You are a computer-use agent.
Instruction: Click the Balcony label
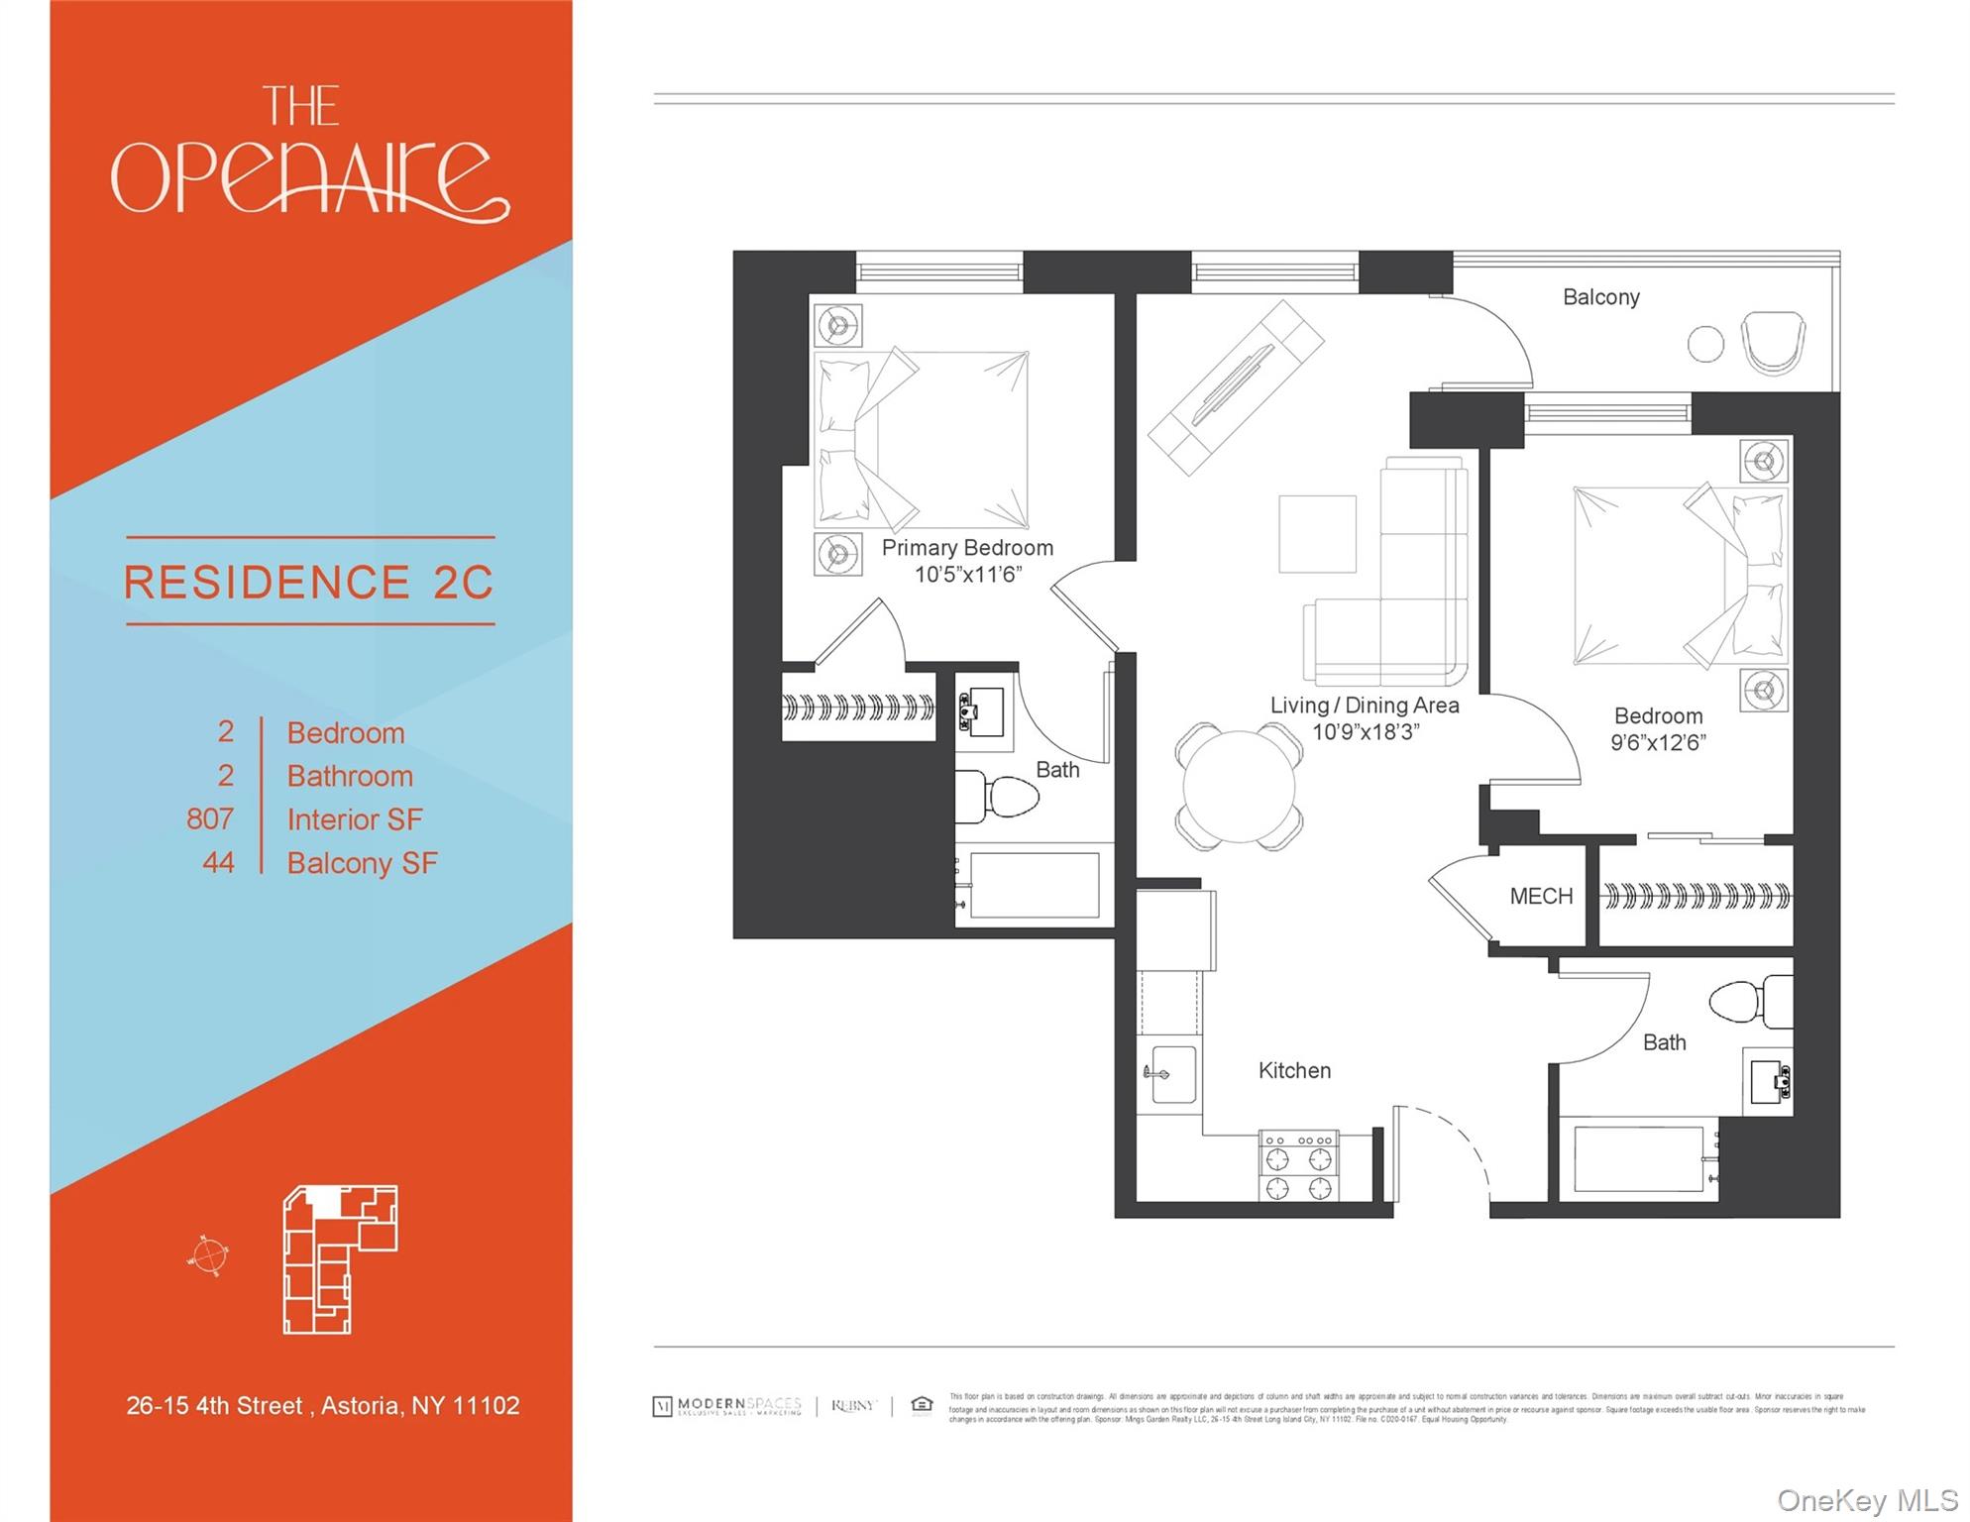tap(1600, 297)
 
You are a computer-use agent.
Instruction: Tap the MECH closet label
tap(1541, 897)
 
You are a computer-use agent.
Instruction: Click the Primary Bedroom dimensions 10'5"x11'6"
tap(967, 575)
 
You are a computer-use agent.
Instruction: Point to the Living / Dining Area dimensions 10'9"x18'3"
tap(1365, 732)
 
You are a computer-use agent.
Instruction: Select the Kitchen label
tap(1294, 1070)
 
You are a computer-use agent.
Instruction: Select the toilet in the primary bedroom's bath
tap(999, 796)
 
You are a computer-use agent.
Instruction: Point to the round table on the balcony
tap(1705, 344)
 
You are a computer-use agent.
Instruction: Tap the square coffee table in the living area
tap(1317, 534)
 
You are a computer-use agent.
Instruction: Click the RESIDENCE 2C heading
tap(309, 582)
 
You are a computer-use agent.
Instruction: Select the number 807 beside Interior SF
tap(210, 819)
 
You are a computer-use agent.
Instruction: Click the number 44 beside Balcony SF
tap(218, 863)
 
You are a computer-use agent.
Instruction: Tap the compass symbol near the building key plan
tap(208, 1256)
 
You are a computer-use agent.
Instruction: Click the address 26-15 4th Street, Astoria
tap(322, 1405)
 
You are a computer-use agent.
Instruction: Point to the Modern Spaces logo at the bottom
tap(727, 1406)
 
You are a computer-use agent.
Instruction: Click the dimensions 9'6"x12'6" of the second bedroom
tap(1657, 743)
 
